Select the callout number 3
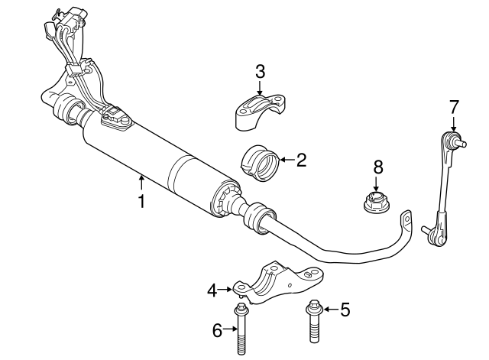click(x=260, y=72)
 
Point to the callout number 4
click(x=212, y=289)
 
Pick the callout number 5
click(x=344, y=310)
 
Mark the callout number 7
click(x=453, y=106)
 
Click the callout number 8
click(x=377, y=167)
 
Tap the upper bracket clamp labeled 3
click(x=260, y=110)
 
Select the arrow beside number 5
click(x=329, y=310)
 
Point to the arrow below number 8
click(x=377, y=184)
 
